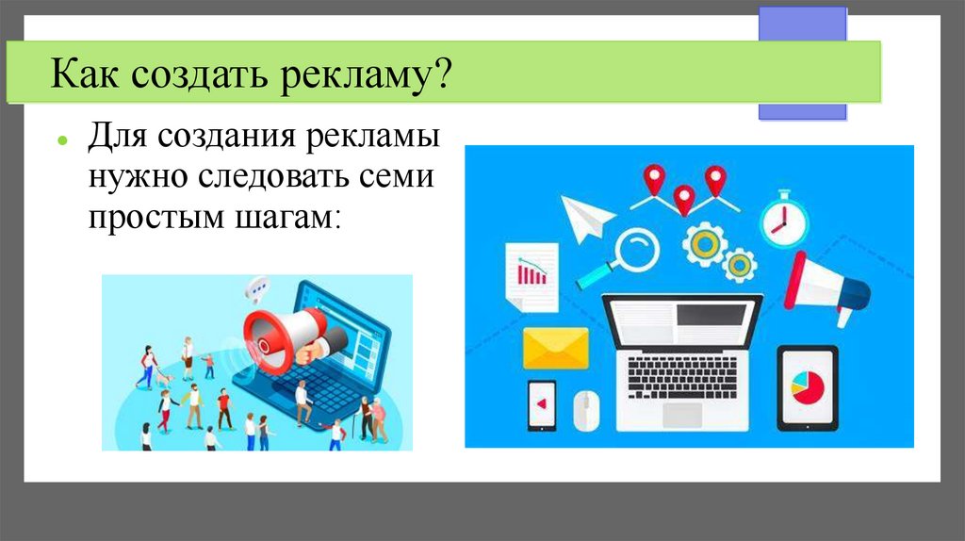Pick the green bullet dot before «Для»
(x=61, y=139)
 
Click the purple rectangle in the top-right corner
(x=802, y=62)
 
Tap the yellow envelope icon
(x=555, y=347)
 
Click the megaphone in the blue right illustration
(x=826, y=286)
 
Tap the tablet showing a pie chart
(x=807, y=387)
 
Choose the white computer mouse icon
(x=586, y=408)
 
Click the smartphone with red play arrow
(x=542, y=403)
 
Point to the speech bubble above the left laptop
(x=255, y=287)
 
